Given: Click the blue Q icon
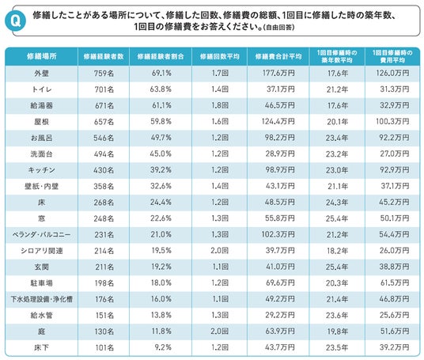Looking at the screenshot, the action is (x=15, y=21).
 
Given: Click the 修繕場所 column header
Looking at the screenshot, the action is (x=42, y=56).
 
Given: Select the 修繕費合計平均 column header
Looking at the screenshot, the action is (x=278, y=56).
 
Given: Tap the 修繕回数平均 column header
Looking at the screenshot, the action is (x=220, y=56).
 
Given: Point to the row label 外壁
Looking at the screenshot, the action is (x=42, y=73).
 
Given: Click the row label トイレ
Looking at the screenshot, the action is (x=42, y=89).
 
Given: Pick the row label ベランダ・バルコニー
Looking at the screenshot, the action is (x=42, y=234).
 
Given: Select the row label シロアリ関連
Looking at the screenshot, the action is (x=42, y=251).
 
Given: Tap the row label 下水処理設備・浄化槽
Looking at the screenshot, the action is (x=42, y=299).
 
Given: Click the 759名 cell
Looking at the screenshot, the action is (x=104, y=73).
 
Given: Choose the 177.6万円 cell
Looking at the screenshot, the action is (x=278, y=73).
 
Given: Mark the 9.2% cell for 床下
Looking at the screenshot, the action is (x=163, y=347).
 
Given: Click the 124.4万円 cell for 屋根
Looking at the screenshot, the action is (x=278, y=121).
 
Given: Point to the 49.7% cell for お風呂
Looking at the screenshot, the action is (x=161, y=138).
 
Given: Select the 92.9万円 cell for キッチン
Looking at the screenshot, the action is (x=394, y=170).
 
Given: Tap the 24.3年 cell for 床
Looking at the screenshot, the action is (x=337, y=203).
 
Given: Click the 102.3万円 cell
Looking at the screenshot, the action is (x=278, y=234).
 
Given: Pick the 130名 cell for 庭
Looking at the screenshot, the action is (x=104, y=332).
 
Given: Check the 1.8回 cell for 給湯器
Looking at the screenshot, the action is (x=220, y=105).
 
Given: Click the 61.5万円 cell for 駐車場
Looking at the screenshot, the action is (x=395, y=283).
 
